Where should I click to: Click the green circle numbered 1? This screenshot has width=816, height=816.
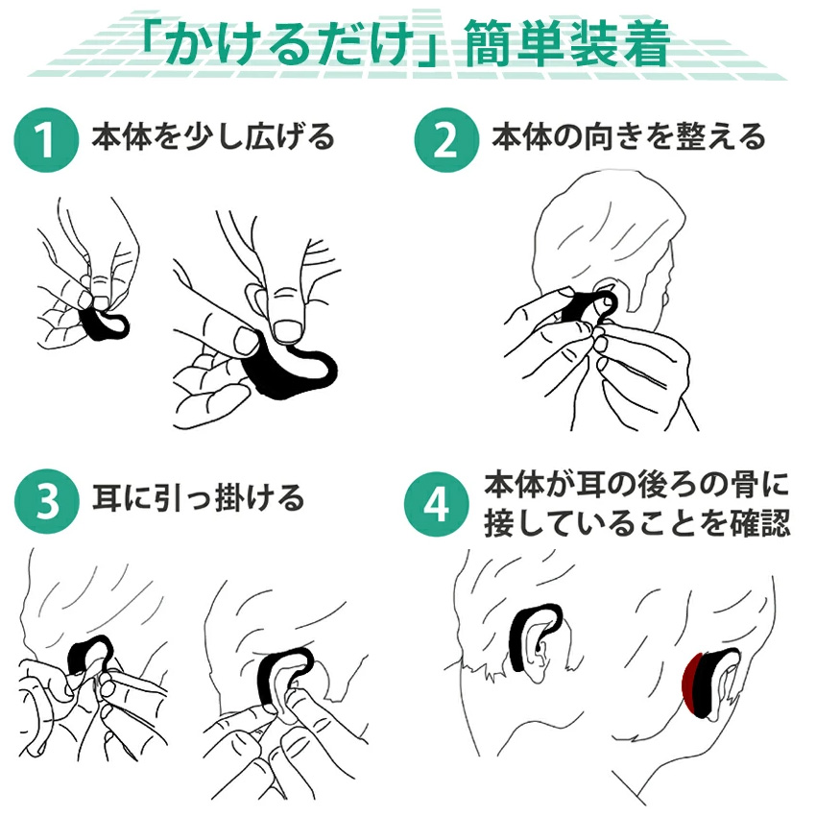tap(46, 139)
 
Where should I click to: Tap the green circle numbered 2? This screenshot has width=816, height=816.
tap(446, 139)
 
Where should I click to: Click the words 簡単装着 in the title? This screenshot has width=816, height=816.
tap(566, 44)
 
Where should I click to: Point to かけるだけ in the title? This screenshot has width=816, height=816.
tap(292, 44)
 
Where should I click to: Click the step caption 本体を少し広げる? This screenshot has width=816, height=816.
tap(213, 137)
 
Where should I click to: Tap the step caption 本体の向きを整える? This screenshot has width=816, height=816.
tap(629, 137)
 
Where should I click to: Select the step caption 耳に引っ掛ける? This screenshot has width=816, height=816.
tap(199, 498)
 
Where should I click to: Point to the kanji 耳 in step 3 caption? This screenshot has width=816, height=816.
tap(108, 498)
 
